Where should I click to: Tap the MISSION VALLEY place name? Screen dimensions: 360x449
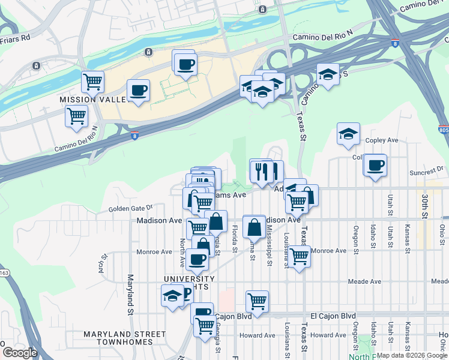pos(93,99)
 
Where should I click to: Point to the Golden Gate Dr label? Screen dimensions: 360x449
pos(131,209)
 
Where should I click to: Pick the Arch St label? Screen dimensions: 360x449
pos(103,262)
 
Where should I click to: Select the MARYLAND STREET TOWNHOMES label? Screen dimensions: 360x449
pos(124,338)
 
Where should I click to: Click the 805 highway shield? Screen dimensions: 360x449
pos(443,130)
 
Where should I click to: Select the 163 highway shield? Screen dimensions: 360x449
pos(4,273)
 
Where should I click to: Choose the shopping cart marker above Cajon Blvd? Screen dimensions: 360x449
pos(257,301)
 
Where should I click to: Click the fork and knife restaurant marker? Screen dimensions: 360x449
pos(262,172)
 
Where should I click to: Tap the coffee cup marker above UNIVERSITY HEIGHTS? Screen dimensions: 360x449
pos(197,260)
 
